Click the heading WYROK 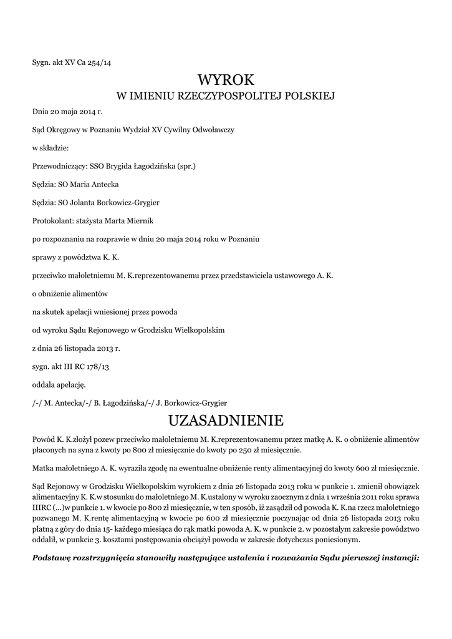click(x=226, y=80)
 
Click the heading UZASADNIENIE click(x=226, y=418)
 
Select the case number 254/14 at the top click(x=99, y=62)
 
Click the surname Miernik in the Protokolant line click(x=142, y=221)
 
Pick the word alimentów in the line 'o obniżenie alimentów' click(x=90, y=293)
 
